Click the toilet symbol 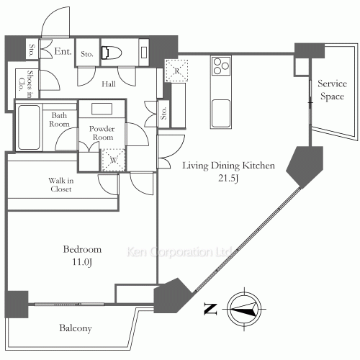(112, 53)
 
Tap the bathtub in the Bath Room (29, 127)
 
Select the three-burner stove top (221, 66)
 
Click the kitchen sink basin (221, 113)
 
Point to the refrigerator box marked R (176, 71)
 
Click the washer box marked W (114, 160)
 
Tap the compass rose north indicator (244, 309)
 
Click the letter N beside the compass (210, 309)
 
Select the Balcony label (76, 328)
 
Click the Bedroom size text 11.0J (82, 262)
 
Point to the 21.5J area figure (228, 179)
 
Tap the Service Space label (333, 90)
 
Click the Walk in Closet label (61, 184)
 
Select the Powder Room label (102, 132)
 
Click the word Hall (109, 84)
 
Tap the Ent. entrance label (63, 51)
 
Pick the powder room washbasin (102, 109)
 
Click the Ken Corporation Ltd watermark (179, 252)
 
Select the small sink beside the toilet (144, 53)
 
